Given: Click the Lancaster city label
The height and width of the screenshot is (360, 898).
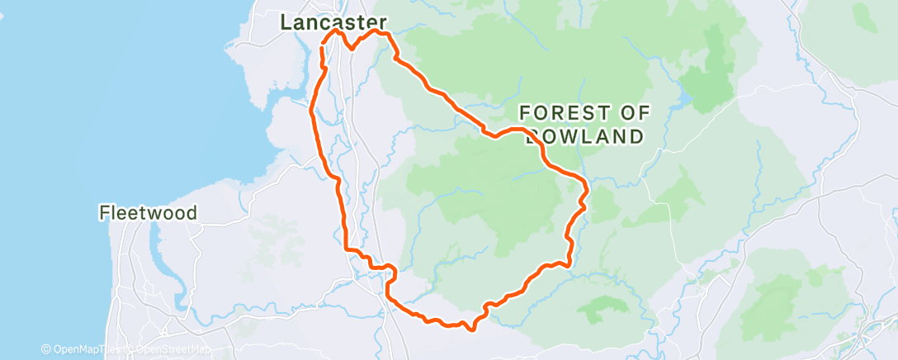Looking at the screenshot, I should pyautogui.click(x=333, y=22).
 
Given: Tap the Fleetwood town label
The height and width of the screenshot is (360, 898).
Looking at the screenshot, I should pyautogui.click(x=148, y=213).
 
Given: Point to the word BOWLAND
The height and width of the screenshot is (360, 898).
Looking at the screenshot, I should pyautogui.click(x=584, y=136).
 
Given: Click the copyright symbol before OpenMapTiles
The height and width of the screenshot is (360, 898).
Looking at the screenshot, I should pyautogui.click(x=46, y=350).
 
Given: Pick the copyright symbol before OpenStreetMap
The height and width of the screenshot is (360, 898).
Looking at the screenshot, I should pyautogui.click(x=130, y=350).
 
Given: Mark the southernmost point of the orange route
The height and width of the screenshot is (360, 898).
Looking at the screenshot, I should pyautogui.click(x=471, y=329).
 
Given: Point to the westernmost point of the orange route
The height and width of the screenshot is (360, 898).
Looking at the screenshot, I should pyautogui.click(x=310, y=110).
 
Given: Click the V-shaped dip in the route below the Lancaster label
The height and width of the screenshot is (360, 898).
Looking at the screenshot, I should pyautogui.click(x=352, y=48).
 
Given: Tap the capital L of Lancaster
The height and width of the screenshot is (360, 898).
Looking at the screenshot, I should pyautogui.click(x=286, y=22).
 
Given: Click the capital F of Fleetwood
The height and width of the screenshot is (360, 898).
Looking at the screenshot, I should pyautogui.click(x=104, y=213).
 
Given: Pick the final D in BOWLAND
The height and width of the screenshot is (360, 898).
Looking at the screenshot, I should pyautogui.click(x=636, y=136).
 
